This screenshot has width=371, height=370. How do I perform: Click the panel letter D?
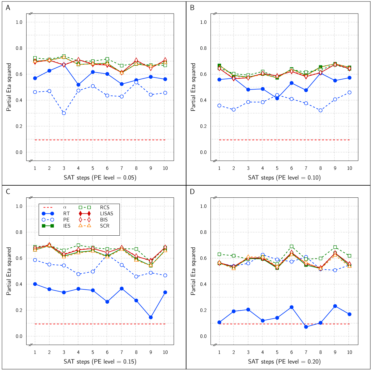pyautogui.click(x=192, y=192)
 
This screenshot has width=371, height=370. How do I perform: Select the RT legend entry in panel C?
pyautogui.click(x=66, y=213)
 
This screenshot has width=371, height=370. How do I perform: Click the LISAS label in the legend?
pyautogui.click(x=107, y=213)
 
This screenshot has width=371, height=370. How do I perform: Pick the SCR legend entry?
pyautogui.click(x=105, y=226)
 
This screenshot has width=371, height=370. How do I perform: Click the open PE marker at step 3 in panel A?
pyautogui.click(x=64, y=113)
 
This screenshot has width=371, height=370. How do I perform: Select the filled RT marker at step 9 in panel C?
pyautogui.click(x=151, y=317)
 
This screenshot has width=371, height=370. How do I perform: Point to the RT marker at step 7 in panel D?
pyautogui.click(x=306, y=327)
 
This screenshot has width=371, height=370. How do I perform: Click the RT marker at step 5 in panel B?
pyautogui.click(x=277, y=98)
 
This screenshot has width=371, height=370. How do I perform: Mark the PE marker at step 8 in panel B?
pyautogui.click(x=321, y=110)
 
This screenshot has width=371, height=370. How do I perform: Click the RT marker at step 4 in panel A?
pyautogui.click(x=79, y=85)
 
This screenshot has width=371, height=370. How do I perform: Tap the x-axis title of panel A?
pyautogui.click(x=100, y=178)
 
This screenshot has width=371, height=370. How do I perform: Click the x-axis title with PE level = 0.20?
pyautogui.click(x=284, y=361)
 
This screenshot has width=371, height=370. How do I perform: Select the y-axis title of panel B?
pyautogui.click(x=193, y=87)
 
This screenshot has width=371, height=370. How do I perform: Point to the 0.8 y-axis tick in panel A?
pyautogui.click(x=19, y=48)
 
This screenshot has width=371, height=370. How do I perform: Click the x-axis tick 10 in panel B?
pyautogui.click(x=349, y=168)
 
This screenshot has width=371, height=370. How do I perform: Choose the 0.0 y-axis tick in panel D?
pyautogui.click(x=203, y=336)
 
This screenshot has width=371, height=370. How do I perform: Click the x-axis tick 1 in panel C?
pyautogui.click(x=35, y=352)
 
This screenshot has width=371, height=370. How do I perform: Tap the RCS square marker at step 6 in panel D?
pyautogui.click(x=292, y=246)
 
